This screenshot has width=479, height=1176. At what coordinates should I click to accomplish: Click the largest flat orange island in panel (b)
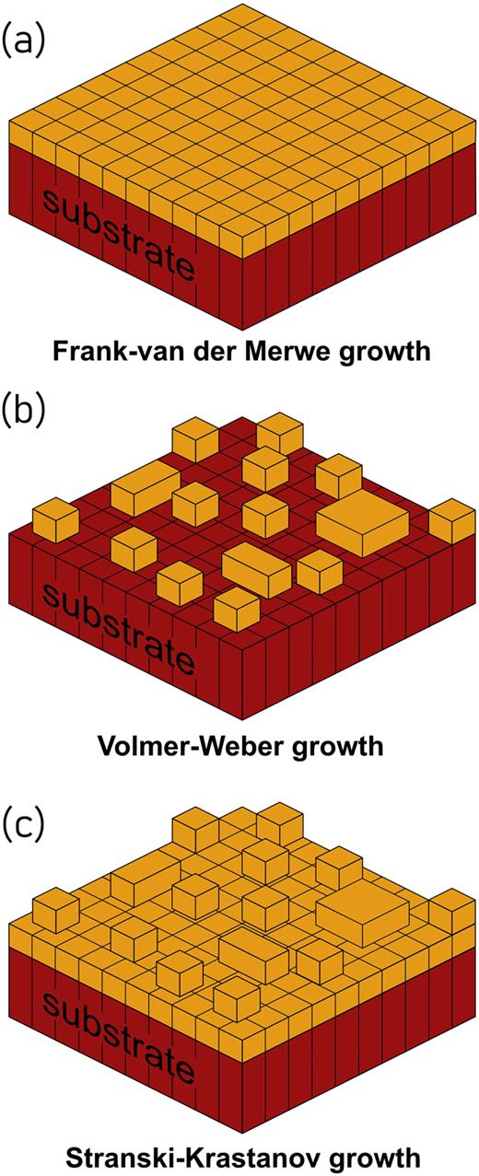[365, 524]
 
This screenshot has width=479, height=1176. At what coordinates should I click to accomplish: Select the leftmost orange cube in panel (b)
[54, 520]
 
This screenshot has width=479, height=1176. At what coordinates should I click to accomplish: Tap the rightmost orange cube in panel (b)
[451, 520]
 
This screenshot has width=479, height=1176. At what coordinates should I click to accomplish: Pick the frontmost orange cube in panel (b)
[236, 608]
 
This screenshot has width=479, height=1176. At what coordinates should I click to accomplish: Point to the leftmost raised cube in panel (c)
[54, 909]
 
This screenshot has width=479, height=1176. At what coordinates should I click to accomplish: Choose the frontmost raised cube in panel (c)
[236, 997]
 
